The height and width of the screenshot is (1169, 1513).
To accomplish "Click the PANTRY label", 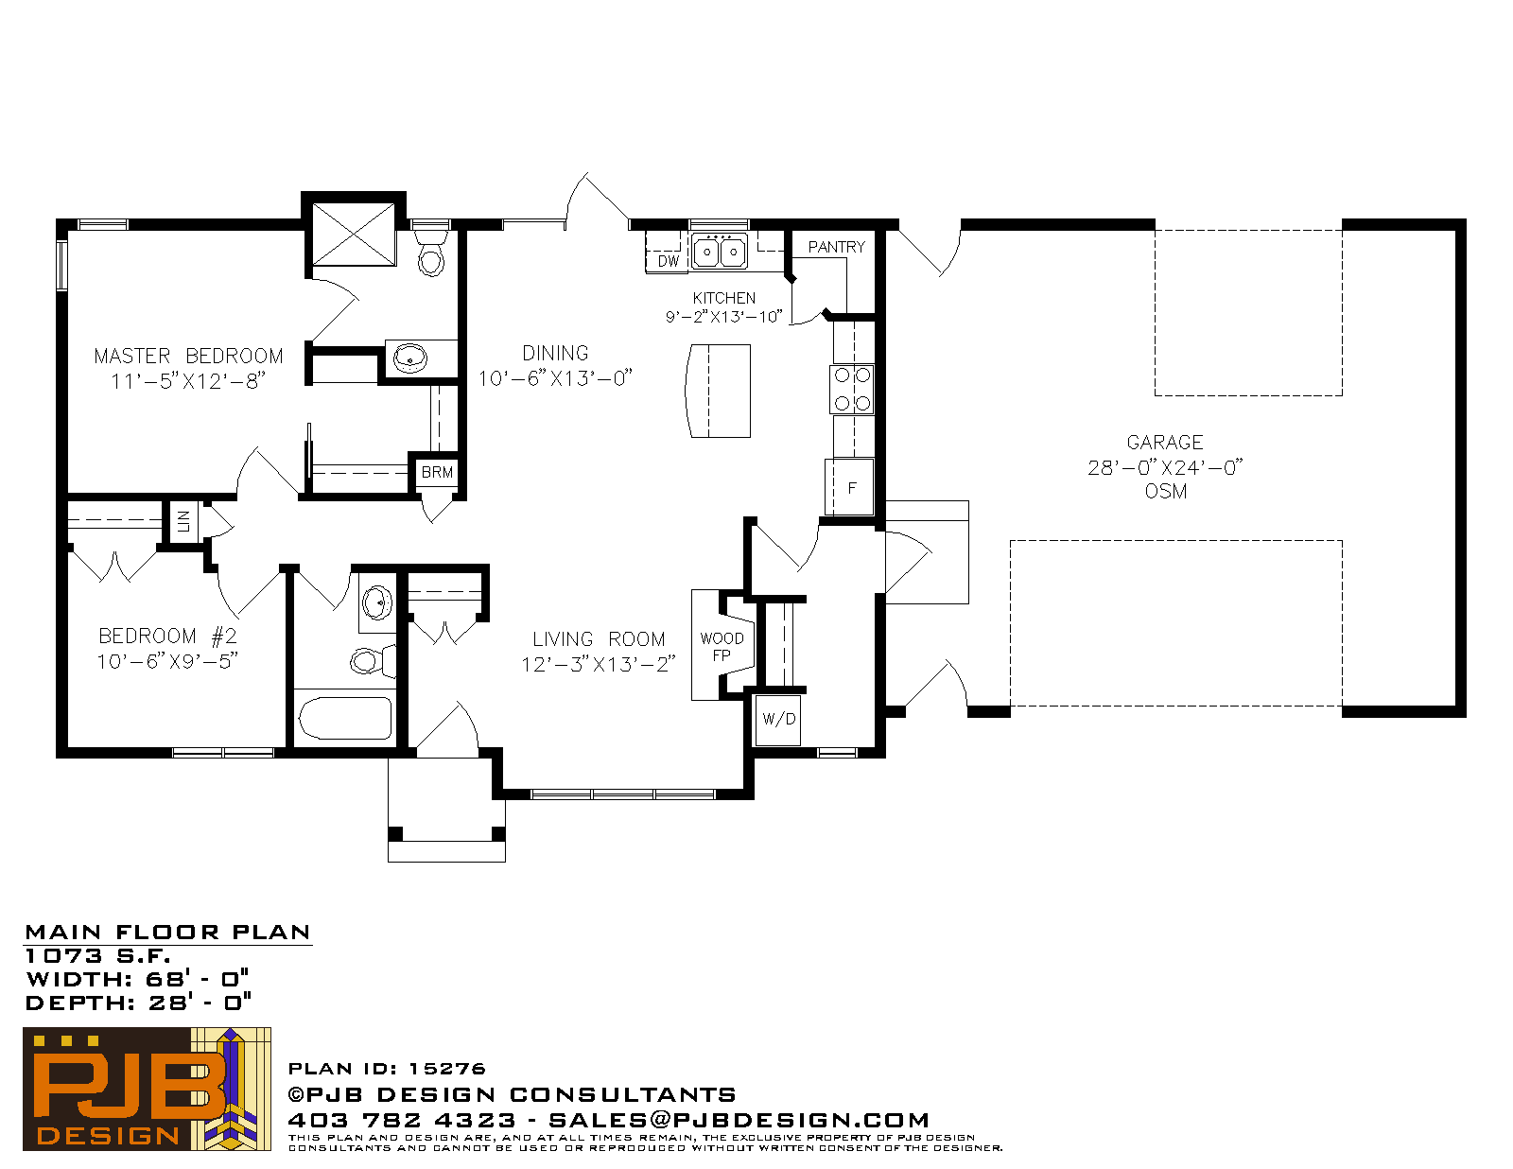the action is [x=836, y=247].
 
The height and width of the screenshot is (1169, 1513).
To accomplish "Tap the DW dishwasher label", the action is [x=668, y=261].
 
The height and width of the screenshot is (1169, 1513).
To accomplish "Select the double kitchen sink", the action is [x=720, y=251].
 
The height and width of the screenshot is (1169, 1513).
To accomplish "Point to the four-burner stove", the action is [x=852, y=390].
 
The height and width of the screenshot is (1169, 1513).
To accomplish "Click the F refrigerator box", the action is [x=849, y=487].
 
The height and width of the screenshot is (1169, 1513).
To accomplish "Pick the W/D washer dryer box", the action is [x=778, y=720].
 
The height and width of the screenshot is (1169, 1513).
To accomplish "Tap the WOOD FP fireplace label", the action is [x=722, y=647].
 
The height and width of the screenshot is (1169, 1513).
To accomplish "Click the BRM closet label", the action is [x=437, y=472].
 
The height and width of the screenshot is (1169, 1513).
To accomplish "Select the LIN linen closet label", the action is [x=183, y=521].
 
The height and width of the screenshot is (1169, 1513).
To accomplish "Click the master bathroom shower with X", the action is [x=354, y=234].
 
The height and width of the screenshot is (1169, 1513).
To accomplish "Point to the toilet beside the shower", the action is [x=431, y=253].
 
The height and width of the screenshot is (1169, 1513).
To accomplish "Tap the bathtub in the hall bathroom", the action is [x=345, y=718].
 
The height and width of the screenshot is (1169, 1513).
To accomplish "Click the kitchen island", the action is [x=718, y=391].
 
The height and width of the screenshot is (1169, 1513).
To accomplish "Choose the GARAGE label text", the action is [x=1165, y=443].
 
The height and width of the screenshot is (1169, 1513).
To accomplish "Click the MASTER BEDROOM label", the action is [x=189, y=357].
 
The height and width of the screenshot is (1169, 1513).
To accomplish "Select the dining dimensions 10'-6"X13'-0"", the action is [x=555, y=378].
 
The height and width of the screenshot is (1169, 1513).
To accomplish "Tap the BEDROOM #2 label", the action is [x=167, y=636].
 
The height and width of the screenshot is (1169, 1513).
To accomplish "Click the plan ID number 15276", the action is [x=446, y=1069].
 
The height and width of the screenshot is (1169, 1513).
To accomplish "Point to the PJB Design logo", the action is [x=147, y=1089].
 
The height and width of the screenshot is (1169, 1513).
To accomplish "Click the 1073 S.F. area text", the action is [x=97, y=956].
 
